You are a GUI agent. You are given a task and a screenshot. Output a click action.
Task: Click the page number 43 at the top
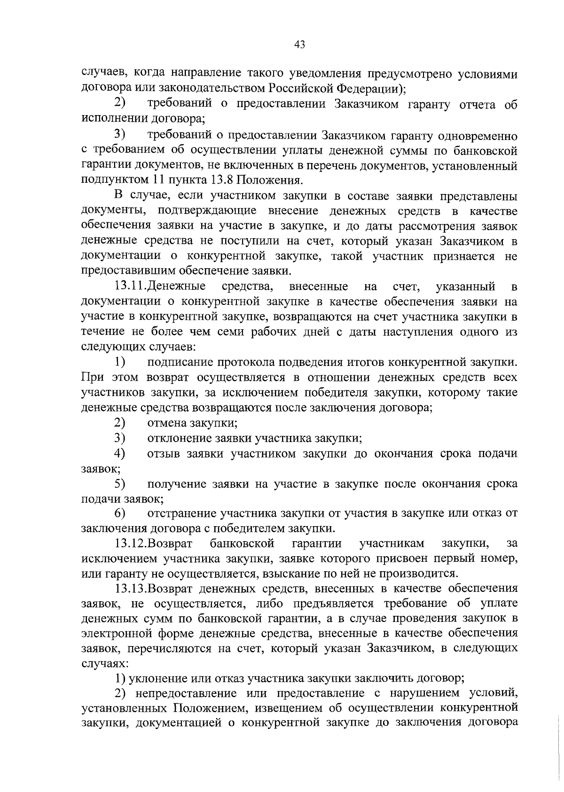(300, 45)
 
